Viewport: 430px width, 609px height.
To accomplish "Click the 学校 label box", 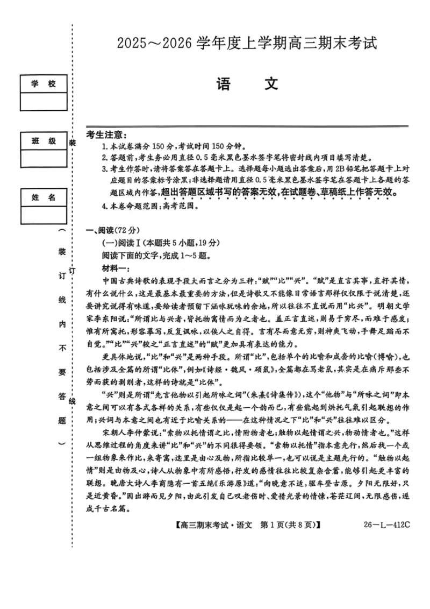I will (44, 84).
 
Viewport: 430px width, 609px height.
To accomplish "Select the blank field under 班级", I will (44, 159).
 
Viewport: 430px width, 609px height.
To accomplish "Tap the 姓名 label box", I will (44, 197).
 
